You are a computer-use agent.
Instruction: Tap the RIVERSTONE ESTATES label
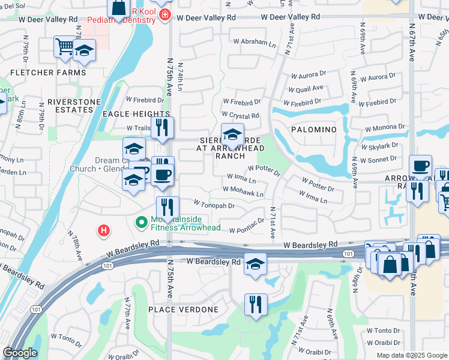[74, 106]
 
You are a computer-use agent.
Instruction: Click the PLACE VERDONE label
[184, 310]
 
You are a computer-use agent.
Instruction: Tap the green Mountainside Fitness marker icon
[142, 223]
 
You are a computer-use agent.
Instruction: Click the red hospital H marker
[104, 230]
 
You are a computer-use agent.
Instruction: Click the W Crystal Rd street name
[240, 115]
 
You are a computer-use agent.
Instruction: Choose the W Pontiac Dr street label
[246, 229]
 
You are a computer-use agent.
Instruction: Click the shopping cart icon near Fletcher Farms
[64, 46]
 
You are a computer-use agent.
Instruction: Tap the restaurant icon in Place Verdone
[256, 304]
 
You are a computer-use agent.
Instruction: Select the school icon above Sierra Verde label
[232, 134]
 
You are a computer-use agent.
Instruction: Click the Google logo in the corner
[20, 353]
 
